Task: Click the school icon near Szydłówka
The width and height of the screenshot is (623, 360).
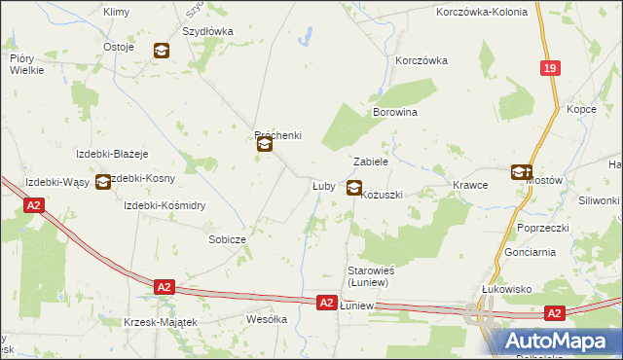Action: pos(162,51)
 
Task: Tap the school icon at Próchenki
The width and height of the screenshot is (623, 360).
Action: pos(265,146)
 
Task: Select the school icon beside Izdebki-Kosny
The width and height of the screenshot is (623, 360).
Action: pos(103,181)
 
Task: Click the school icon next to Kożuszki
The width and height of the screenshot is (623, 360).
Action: pos(354,189)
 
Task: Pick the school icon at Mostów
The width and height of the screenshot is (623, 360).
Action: pos(521,172)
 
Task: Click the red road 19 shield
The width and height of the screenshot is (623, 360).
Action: pos(551,67)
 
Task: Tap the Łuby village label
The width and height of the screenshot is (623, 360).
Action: pos(323,185)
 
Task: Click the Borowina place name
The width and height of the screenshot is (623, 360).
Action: pos(395,113)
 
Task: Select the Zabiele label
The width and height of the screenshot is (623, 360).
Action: pos(371,162)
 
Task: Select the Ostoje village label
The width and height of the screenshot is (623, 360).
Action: pos(118,47)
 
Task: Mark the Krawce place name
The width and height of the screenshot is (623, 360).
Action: pos(470,184)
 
